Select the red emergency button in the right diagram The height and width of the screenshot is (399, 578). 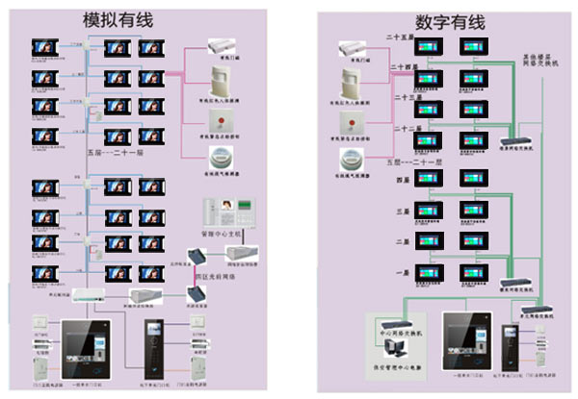pos(348,122)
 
